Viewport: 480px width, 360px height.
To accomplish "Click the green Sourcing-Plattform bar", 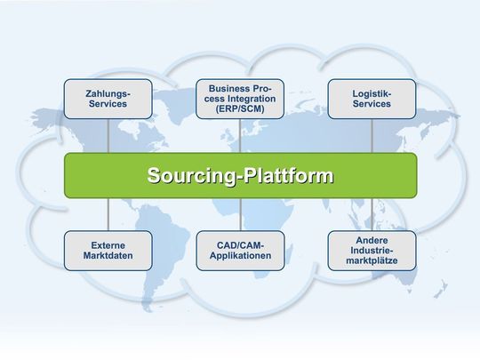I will [240, 175].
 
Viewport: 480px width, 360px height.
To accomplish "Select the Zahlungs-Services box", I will [108, 99].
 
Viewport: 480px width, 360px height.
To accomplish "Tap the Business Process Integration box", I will [240, 99].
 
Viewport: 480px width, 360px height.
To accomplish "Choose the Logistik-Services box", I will [372, 99].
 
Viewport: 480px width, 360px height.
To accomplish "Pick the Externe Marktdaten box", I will [108, 251].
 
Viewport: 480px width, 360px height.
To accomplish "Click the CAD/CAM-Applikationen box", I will [240, 251].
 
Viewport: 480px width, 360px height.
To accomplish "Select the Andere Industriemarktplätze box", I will [372, 251].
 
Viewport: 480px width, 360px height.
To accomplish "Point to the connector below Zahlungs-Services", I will [108, 135].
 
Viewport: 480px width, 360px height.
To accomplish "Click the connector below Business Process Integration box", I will [240, 135].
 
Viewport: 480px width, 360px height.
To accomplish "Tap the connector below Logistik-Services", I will [372, 135].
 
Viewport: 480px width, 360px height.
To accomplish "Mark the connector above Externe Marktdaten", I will [108, 214].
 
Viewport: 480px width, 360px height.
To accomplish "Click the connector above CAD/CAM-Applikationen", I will [240, 214].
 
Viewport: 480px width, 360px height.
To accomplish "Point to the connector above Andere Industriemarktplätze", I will [372, 214].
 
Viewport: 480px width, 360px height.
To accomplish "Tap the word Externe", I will [108, 244].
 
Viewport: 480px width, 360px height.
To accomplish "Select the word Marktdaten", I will [108, 257].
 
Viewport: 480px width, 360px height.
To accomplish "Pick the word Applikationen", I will [240, 257].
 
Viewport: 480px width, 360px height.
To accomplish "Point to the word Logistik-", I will [372, 92].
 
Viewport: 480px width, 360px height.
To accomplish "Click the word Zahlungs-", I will [108, 92].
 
